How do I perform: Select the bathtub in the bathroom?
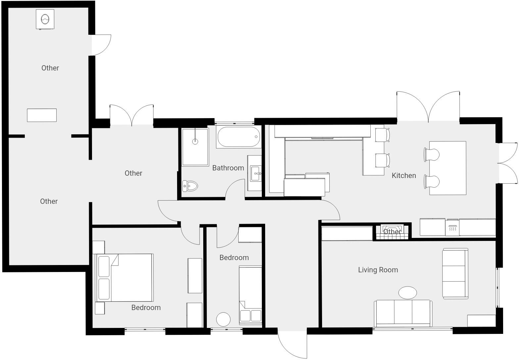pos(238,137)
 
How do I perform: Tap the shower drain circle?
pos(195,142)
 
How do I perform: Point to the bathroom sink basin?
pos(256,173)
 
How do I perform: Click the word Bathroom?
pos(228,168)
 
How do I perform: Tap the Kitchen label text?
pos(404,175)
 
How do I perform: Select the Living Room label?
pos(378,270)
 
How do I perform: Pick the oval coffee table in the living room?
pos(407,293)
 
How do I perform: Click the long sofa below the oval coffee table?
pos(403,313)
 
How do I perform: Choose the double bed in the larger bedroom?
pos(125,278)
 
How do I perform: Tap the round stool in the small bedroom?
pos(223,319)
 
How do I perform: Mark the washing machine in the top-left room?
pos(45,19)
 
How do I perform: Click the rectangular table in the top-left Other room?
pos(42,115)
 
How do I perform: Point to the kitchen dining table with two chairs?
pos(448,168)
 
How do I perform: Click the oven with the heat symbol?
pos(452,227)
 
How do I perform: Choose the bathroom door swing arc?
pos(234,189)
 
